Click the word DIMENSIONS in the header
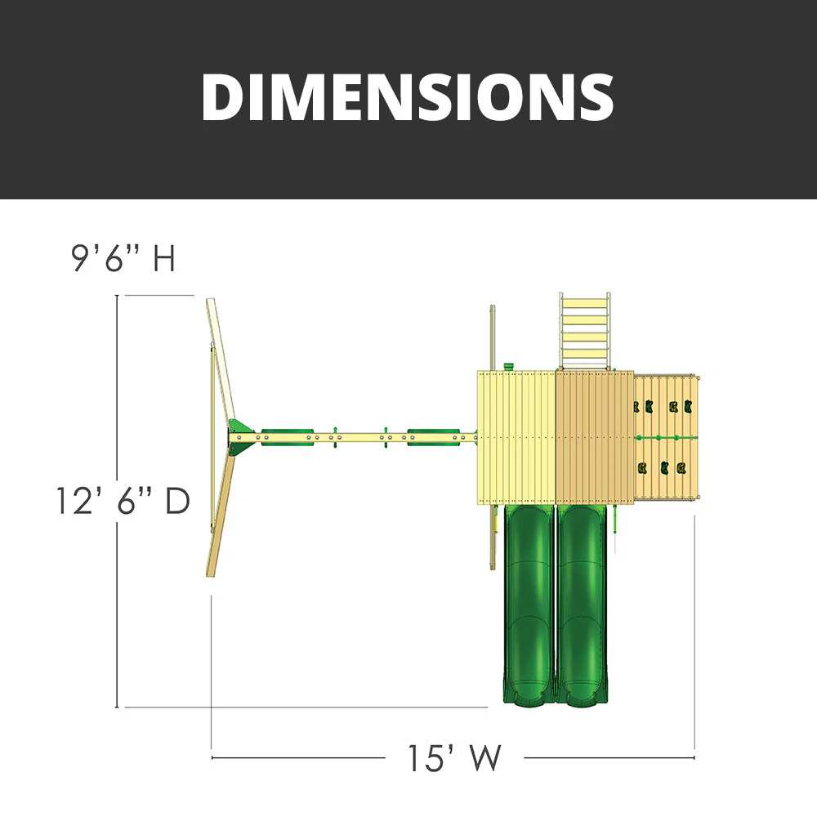coord(407,97)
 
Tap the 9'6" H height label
coord(123,259)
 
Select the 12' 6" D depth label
coord(123,500)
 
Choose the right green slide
coord(582,605)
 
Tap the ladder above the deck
coord(584,330)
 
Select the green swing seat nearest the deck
coord(425,437)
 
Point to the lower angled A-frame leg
coord(221,515)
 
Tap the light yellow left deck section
coord(516,437)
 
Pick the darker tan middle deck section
coord(595,437)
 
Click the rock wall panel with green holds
coord(667,439)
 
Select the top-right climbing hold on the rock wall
coord(690,406)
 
